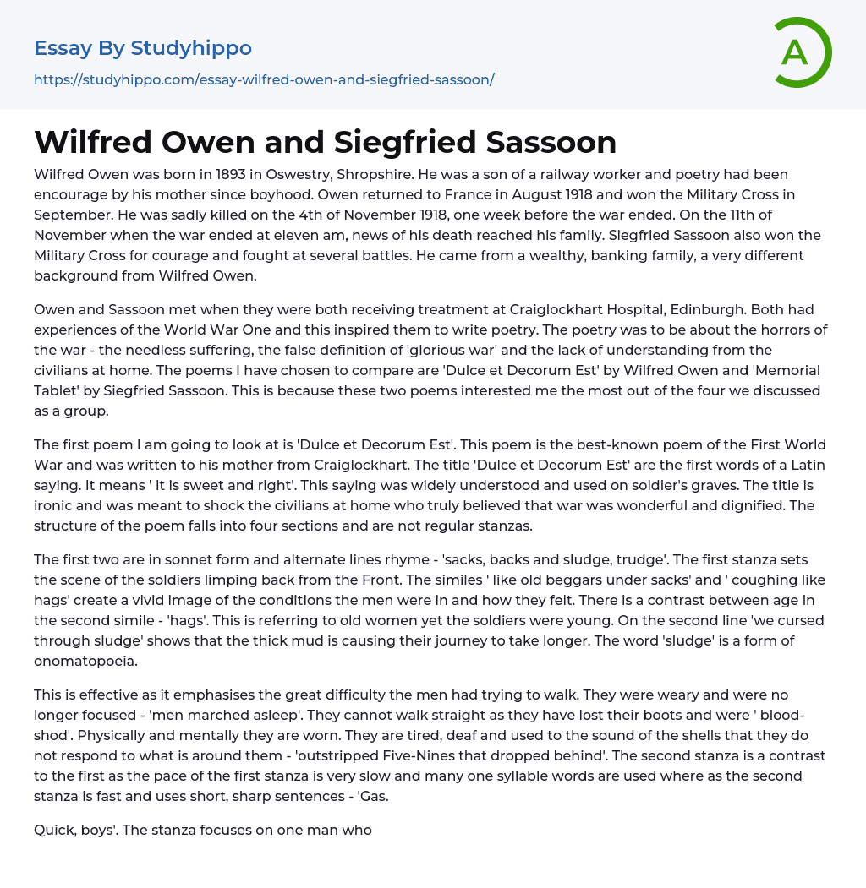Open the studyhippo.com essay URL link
click(264, 79)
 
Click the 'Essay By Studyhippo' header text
click(143, 48)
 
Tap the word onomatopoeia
click(85, 662)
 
